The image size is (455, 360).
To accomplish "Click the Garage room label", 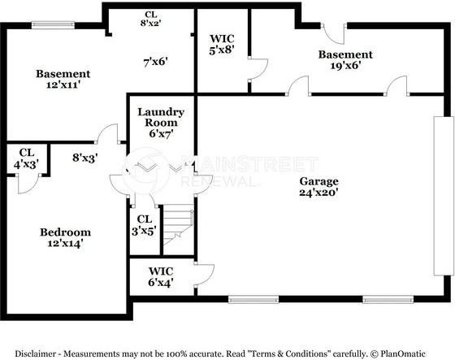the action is coord(318,181).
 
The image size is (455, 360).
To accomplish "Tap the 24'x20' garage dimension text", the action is coord(318,193).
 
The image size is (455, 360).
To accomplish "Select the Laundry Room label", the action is coord(161,117).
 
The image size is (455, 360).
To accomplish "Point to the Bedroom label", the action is coord(66,232).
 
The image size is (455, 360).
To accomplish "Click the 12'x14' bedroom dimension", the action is coord(66,243).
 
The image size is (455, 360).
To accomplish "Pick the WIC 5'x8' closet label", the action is coord(222,44).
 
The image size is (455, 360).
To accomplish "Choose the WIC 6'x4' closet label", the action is coord(161,276).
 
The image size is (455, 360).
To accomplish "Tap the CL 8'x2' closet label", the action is coord(151,19).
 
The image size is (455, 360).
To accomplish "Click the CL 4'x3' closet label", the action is coord(26,158).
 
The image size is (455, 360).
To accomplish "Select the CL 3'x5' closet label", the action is coord(145,225).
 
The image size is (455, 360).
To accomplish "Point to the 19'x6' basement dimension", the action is coord(345,65).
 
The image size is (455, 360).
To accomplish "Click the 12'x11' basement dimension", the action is coord(63,85).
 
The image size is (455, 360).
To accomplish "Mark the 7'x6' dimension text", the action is coord(156,62).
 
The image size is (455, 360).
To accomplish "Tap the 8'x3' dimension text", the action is coord(85,158).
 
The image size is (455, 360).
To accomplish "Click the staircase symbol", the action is coord(178,225).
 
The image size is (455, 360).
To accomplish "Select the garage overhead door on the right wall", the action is coord(444,196).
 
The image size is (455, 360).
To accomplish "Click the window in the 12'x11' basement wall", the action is coord(53,25).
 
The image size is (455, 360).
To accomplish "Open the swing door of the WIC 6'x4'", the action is coord(204,275).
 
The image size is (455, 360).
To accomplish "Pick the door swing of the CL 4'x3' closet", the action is coord(28,184).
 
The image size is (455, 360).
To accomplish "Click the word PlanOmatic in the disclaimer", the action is coord(403,353).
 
